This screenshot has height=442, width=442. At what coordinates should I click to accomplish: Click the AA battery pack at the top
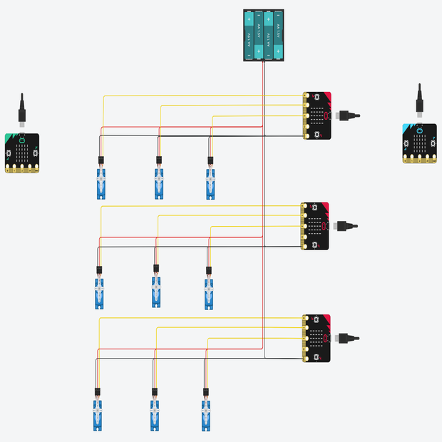264,35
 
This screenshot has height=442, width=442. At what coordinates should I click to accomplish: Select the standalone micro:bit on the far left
22,153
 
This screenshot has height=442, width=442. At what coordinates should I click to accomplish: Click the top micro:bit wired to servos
317,115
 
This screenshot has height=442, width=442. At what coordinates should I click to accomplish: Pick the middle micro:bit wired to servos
315,226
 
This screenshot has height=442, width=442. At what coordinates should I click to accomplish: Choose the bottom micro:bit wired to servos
317,337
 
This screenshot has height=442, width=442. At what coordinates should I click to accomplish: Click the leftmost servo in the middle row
99,292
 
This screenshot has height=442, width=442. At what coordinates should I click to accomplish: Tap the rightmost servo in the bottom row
206,415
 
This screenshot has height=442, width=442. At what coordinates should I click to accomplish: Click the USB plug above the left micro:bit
22,110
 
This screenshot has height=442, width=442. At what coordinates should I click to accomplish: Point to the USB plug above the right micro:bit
420,101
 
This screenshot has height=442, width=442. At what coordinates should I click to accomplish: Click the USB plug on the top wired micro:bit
349,115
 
